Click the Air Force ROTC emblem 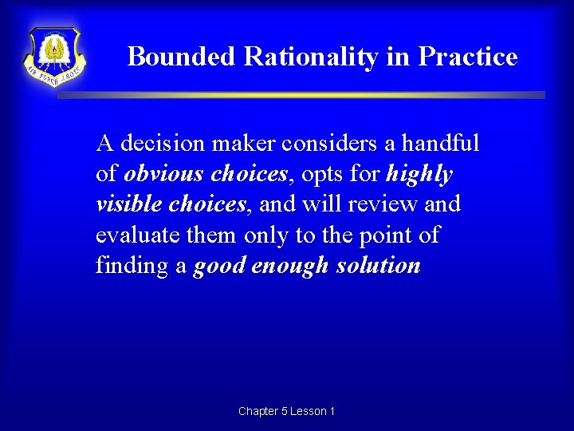[54, 57]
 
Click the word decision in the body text [159, 144]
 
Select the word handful [440, 144]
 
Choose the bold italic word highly [419, 174]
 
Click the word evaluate [133, 235]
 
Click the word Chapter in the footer [258, 411]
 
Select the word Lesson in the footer [308, 411]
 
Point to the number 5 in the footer [285, 411]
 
